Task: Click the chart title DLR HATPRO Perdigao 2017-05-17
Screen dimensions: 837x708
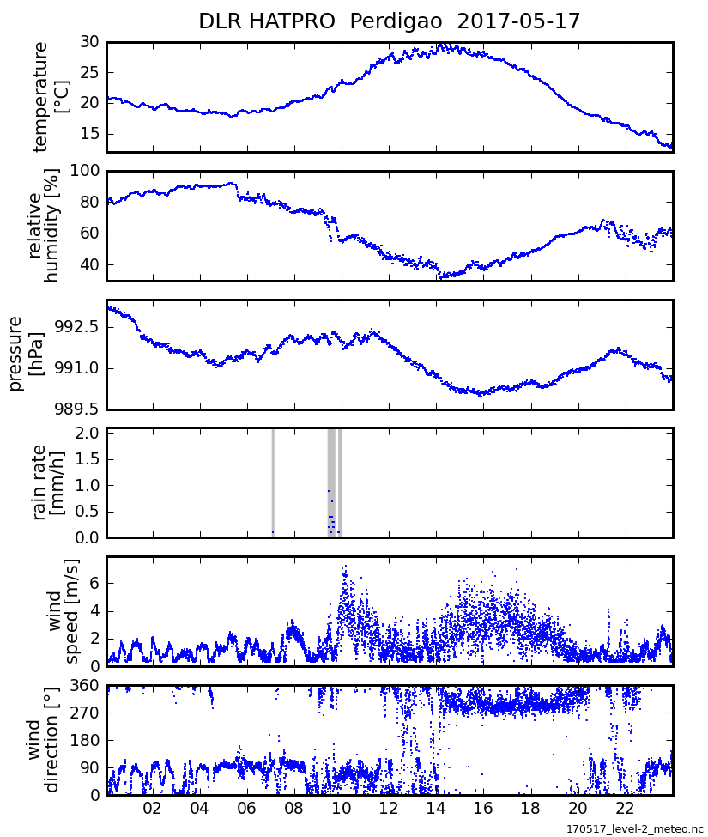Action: [x=389, y=21]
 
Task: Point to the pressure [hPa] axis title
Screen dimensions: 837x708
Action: [x=27, y=354]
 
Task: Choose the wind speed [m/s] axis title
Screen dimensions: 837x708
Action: [x=64, y=611]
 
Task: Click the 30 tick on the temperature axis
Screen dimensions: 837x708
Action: [x=89, y=42]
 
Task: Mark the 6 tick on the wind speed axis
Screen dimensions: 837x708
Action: [x=95, y=583]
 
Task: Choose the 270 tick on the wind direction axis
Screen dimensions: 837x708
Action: [x=86, y=713]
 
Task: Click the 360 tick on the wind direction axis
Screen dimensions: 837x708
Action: [x=86, y=686]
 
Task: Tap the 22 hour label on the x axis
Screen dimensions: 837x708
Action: [x=626, y=809]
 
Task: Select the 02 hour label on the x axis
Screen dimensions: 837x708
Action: [x=152, y=809]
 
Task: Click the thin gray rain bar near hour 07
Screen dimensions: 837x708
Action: [x=273, y=481]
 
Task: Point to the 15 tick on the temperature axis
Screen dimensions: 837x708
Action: [x=89, y=134]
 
